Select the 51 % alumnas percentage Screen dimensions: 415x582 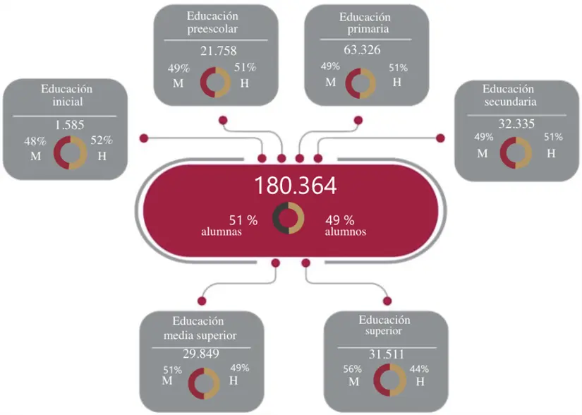[x=243, y=219]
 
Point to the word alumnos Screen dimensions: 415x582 [x=345, y=231]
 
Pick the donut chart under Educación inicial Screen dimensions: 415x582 [x=69, y=152]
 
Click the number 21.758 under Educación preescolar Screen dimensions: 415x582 [x=217, y=51]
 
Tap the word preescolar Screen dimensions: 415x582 [x=212, y=30]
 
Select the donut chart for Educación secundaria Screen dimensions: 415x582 [x=515, y=152]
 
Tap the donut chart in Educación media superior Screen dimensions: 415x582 [x=205, y=383]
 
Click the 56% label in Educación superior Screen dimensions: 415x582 [x=353, y=369]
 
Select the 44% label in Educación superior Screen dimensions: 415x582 [x=418, y=369]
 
